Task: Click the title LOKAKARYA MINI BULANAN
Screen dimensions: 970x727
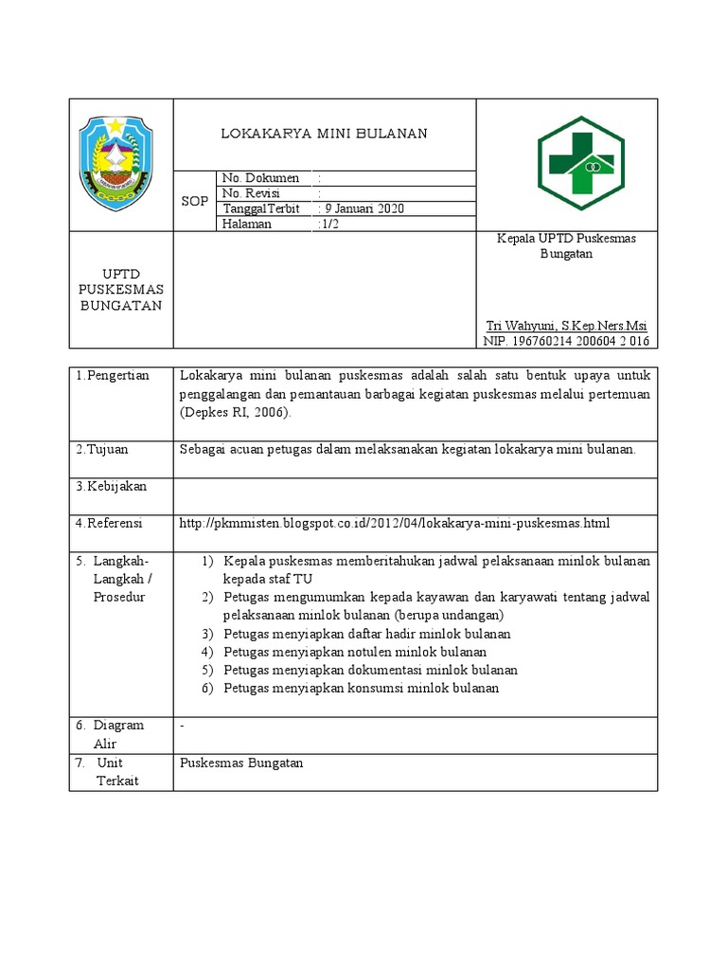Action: click(x=324, y=134)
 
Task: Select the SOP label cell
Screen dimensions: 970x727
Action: click(x=194, y=202)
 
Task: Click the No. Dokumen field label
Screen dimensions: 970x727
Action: click(x=259, y=178)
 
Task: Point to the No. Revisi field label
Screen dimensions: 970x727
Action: click(x=251, y=193)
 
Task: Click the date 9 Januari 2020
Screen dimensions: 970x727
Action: click(x=364, y=209)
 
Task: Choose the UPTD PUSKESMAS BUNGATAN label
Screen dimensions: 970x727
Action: click(x=121, y=290)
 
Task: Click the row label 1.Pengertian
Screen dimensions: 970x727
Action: click(x=113, y=376)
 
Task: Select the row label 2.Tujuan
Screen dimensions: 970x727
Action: click(x=101, y=449)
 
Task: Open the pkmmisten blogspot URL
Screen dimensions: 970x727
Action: click(x=395, y=523)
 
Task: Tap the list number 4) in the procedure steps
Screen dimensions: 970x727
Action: click(x=207, y=652)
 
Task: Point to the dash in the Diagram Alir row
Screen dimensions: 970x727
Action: click(x=182, y=726)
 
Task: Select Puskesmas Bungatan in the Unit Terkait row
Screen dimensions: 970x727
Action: click(x=241, y=763)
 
